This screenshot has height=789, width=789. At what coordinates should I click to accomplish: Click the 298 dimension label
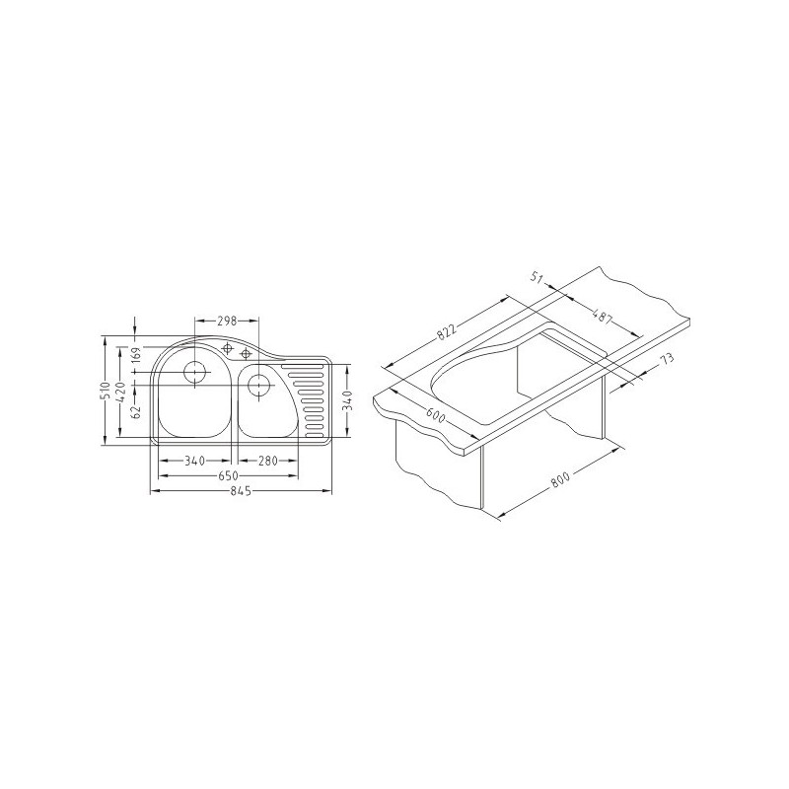coord(227,321)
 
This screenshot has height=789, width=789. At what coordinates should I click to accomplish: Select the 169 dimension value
coord(135,355)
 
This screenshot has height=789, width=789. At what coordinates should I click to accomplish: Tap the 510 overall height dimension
coord(106,391)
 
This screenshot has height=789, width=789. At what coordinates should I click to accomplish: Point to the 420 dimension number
coord(120,391)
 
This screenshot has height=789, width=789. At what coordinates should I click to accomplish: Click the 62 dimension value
coord(135,413)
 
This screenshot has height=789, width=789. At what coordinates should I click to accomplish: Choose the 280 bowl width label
coord(267,461)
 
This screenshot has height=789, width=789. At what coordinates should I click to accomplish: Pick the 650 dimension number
coord(228,475)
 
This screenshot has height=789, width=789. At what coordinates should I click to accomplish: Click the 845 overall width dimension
coord(241,491)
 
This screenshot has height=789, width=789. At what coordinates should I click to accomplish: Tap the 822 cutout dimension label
coord(446,331)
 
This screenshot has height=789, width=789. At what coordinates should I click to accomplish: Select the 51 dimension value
coord(538,277)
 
